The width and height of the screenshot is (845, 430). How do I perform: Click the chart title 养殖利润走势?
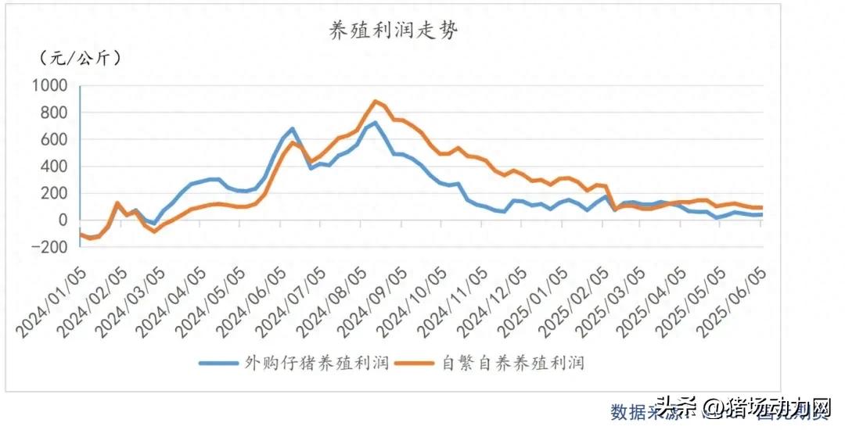(393, 30)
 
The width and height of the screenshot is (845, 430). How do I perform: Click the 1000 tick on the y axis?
(51, 86)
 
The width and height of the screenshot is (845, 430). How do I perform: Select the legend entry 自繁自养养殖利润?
(513, 364)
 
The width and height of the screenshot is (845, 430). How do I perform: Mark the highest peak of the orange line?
(376, 101)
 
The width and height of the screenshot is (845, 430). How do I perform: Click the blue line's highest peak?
(376, 123)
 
